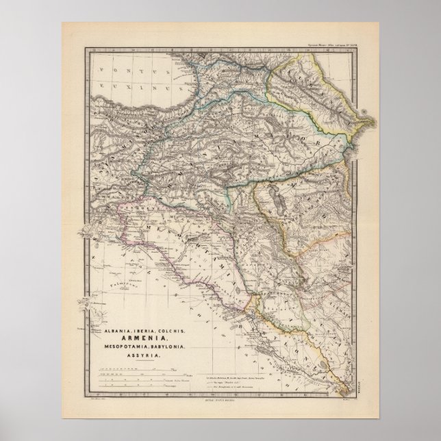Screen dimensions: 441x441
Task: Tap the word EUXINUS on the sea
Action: (121, 86)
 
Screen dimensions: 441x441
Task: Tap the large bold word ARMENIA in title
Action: (143, 338)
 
